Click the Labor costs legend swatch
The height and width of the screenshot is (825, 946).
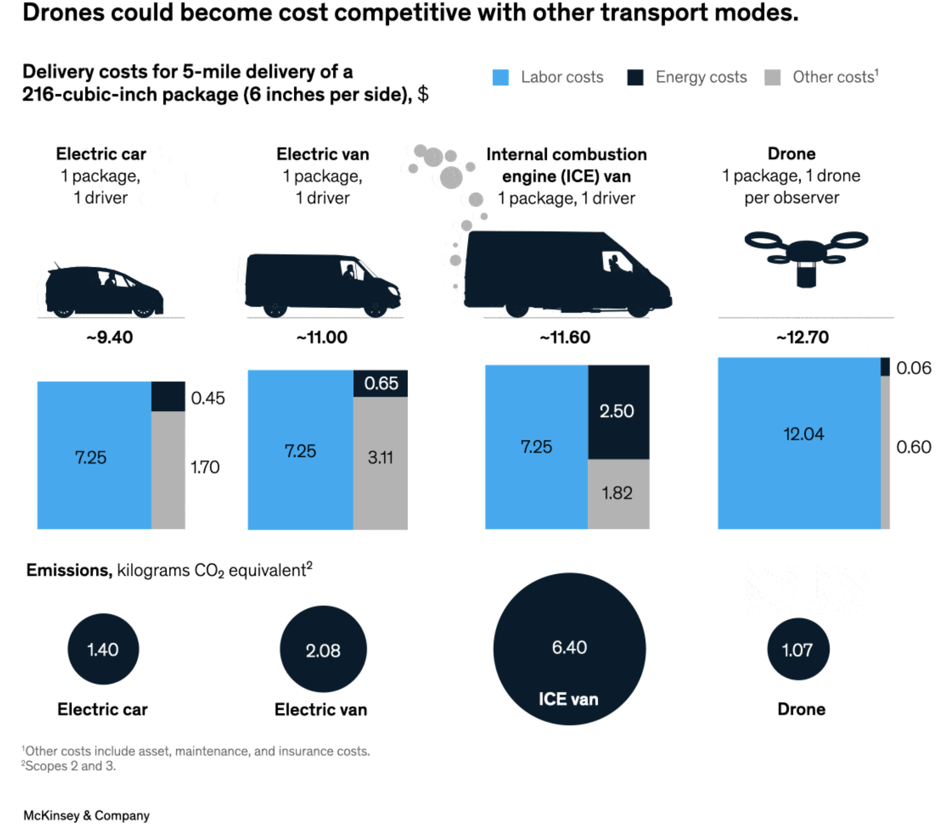click(500, 77)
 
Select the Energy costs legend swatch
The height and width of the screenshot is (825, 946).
click(635, 77)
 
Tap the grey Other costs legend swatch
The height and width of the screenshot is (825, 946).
click(772, 77)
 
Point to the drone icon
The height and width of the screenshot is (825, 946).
click(806, 258)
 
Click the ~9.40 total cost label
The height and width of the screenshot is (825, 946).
click(110, 337)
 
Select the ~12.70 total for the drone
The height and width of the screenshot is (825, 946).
click(803, 337)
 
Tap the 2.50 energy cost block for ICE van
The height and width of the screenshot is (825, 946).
click(618, 412)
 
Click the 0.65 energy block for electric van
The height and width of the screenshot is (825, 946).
click(380, 383)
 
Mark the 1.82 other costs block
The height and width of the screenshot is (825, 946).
click(618, 493)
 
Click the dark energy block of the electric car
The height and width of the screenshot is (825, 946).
click(168, 396)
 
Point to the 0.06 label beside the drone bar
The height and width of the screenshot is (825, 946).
click(913, 368)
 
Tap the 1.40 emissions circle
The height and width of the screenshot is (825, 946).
click(103, 649)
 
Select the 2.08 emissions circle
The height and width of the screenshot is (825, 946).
click(323, 650)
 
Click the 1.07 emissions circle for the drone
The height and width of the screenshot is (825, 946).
click(798, 649)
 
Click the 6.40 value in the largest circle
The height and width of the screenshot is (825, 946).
click(569, 647)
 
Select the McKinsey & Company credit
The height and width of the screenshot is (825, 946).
click(86, 815)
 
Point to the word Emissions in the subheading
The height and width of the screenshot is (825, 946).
click(69, 570)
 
